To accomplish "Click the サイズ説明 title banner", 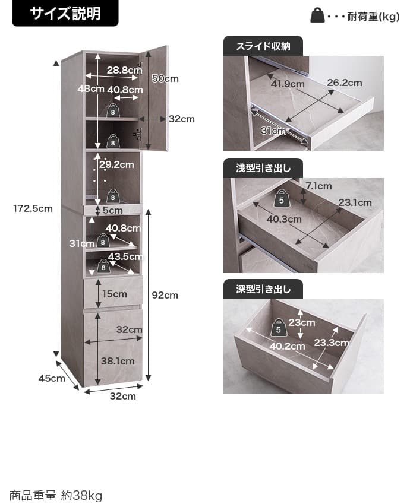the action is click(x=65, y=13).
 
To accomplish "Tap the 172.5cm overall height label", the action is click(x=33, y=208).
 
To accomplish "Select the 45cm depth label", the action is click(x=52, y=378).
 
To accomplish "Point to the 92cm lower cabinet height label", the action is click(x=165, y=295).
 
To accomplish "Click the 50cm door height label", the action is click(x=165, y=78).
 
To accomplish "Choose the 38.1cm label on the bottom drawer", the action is click(x=118, y=361).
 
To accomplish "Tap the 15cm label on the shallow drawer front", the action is click(x=115, y=294).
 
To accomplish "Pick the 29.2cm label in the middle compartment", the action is click(x=116, y=164).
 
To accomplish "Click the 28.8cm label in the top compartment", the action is click(x=125, y=69).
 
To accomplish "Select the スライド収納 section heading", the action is click(x=263, y=46).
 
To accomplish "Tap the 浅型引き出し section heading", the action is click(x=263, y=168).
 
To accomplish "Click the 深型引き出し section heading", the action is click(x=263, y=289).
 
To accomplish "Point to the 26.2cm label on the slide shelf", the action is click(x=345, y=83).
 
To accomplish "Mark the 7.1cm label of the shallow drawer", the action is click(x=318, y=186).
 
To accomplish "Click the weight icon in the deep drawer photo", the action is click(x=278, y=328).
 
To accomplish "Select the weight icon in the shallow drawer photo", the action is click(x=281, y=198).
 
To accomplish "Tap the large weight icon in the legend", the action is click(x=317, y=15).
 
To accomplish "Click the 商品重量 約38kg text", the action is click(x=56, y=495).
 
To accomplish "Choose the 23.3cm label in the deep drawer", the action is click(x=332, y=343).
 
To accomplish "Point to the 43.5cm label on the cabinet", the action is click(x=125, y=256).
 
